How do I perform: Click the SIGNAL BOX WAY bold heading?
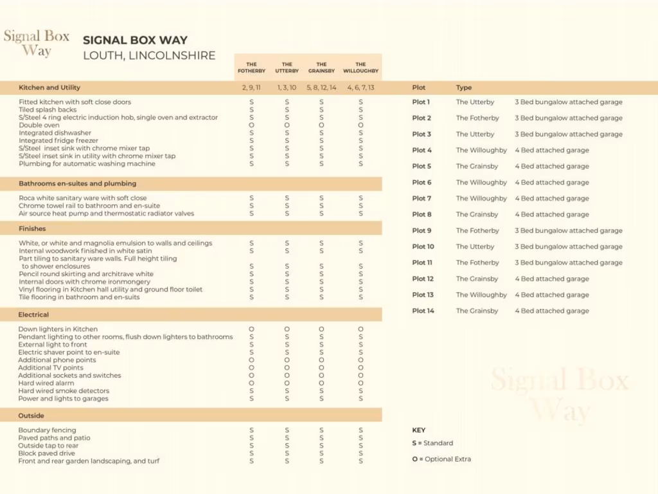[135, 40]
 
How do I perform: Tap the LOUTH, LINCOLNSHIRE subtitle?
[149, 55]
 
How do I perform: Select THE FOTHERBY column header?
[251, 68]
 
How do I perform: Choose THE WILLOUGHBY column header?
[360, 68]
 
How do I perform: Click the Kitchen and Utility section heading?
[49, 87]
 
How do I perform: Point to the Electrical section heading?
[33, 315]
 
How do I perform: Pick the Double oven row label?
[39, 125]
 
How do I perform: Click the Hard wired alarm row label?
[46, 383]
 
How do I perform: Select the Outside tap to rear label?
[48, 446]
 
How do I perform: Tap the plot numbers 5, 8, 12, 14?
[321, 87]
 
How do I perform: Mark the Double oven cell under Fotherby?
[251, 125]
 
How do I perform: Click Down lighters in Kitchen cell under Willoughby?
[360, 329]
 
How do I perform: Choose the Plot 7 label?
[422, 199]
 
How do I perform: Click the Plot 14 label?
[423, 311]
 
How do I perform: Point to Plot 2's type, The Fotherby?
[477, 118]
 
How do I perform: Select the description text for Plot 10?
[568, 247]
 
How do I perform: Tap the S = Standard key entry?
[432, 443]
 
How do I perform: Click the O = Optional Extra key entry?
[441, 459]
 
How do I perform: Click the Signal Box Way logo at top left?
[37, 43]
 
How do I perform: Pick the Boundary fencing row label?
[47, 430]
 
